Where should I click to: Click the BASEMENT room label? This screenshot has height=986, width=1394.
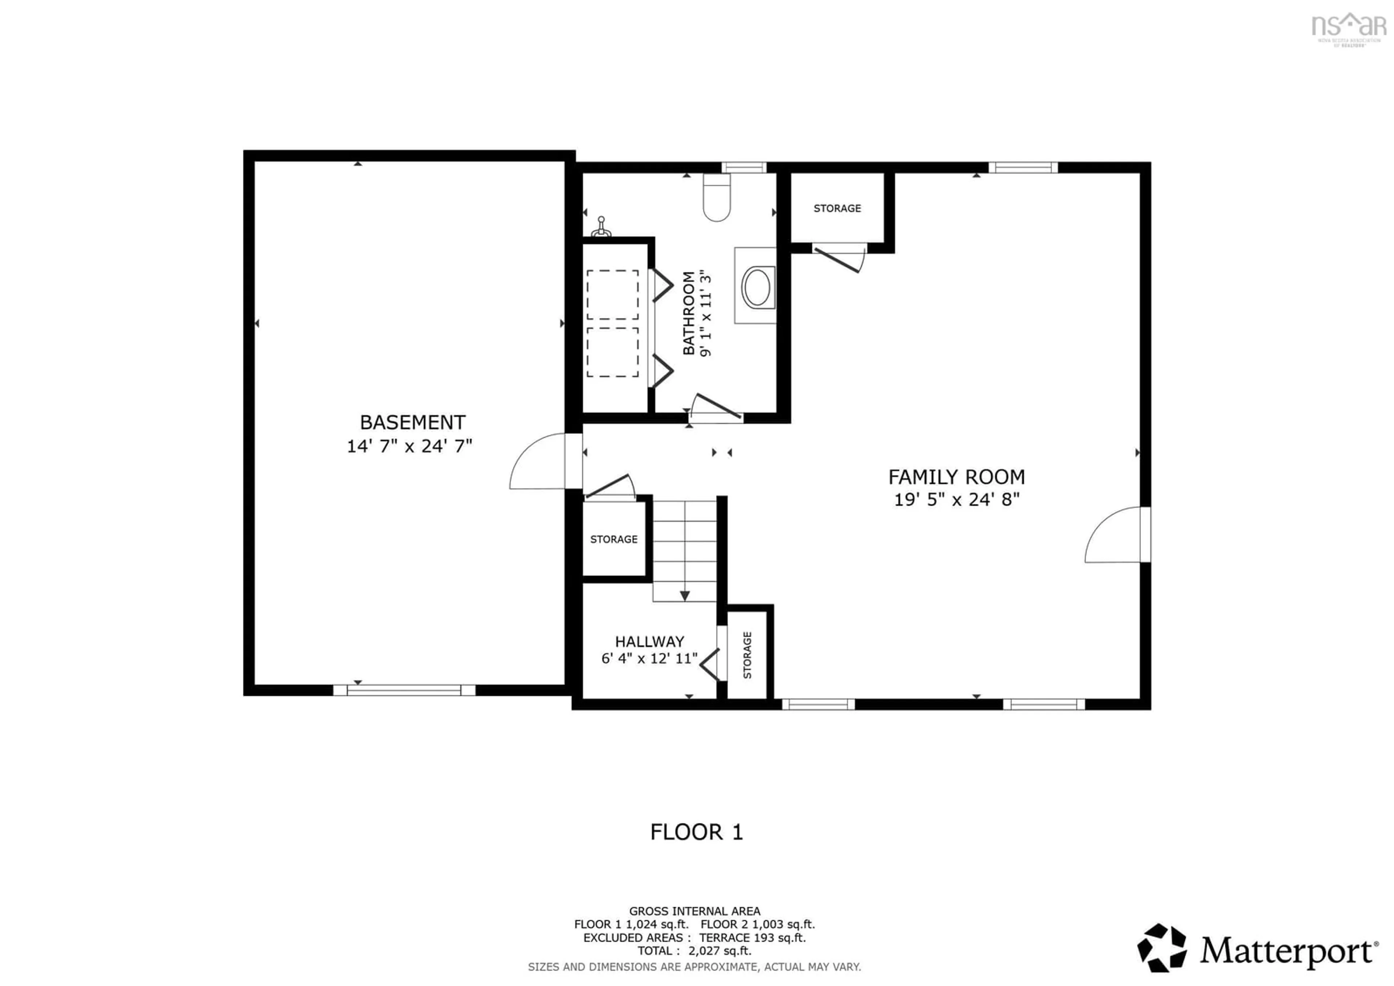[x=412, y=422]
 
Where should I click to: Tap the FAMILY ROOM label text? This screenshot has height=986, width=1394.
[x=956, y=477]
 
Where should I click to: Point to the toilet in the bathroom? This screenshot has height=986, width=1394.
[x=717, y=197]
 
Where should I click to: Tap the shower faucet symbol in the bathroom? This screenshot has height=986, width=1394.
[x=601, y=227]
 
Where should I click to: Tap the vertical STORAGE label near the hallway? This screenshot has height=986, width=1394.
[x=747, y=655]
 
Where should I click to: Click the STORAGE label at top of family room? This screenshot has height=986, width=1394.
[x=837, y=209]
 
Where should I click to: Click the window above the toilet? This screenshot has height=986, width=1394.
[x=744, y=168]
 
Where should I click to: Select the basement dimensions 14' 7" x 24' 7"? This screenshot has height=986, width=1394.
[x=409, y=446]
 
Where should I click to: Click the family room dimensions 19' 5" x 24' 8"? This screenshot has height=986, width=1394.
[x=956, y=500]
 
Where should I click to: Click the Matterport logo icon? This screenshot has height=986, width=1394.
[x=1161, y=948]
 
